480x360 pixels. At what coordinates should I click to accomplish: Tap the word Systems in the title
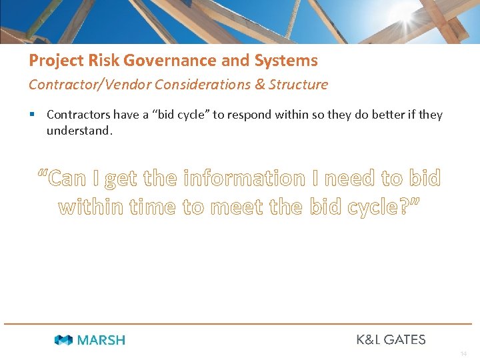286,61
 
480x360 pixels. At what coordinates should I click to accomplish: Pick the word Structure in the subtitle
299,85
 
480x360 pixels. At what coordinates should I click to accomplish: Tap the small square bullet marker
33,115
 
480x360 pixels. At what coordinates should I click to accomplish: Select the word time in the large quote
153,207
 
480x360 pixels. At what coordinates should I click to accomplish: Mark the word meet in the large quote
242,207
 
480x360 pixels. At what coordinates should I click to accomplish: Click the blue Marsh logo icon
63,340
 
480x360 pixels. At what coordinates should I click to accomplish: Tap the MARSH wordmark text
101,340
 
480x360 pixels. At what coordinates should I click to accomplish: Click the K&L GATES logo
391,339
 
